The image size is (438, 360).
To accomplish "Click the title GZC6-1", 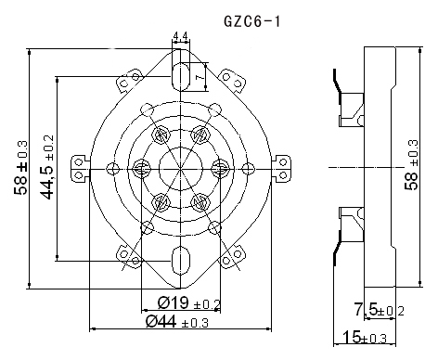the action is coord(251,21).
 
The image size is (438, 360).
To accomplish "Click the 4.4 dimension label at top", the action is coord(181,36).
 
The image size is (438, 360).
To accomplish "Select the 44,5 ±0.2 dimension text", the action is coord(47,167).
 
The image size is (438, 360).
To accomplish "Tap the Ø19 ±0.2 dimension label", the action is coord(188,302).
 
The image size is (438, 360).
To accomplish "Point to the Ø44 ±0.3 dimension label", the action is coord(177,322).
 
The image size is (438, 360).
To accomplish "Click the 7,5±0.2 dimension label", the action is coord(379,310).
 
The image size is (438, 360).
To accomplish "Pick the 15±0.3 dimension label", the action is coord(365,337).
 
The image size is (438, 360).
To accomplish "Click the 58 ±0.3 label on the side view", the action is coord(412,165).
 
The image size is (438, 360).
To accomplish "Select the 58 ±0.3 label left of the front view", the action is coord(20,168).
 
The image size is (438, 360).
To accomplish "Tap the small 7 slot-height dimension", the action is coord(201,76).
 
